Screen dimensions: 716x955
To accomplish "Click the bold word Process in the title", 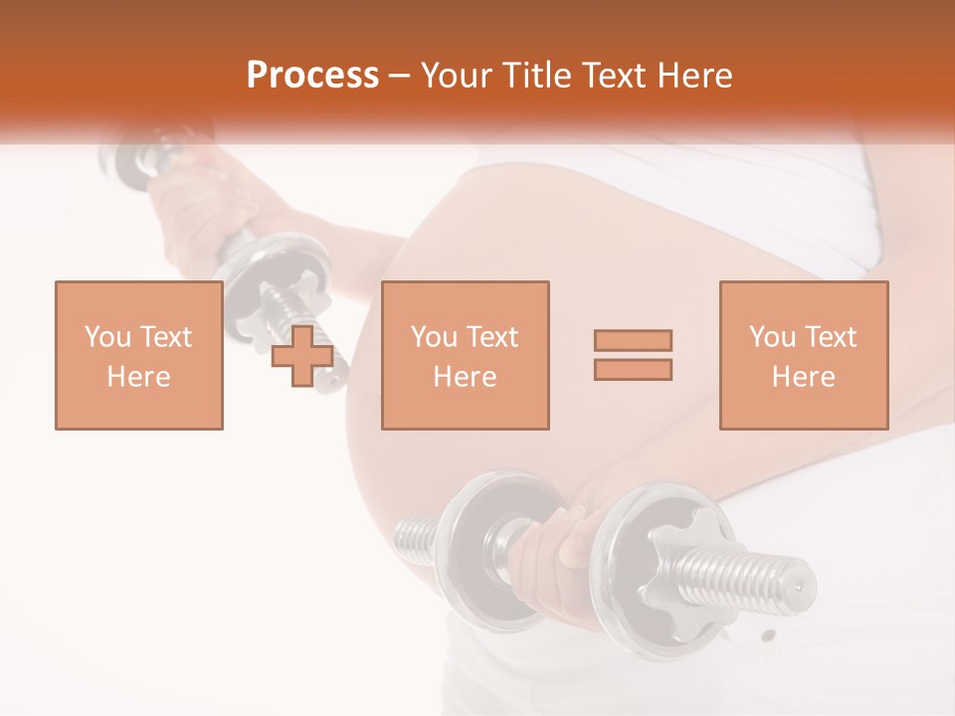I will point(312,76).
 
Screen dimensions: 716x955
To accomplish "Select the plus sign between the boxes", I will point(302,356).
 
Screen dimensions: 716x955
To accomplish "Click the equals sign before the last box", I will point(633,355).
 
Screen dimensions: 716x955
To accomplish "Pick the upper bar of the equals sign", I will point(633,341).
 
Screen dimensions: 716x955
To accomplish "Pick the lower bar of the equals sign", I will point(633,369).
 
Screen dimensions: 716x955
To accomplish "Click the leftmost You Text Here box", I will point(138,355).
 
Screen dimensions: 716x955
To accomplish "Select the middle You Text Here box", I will point(465,355).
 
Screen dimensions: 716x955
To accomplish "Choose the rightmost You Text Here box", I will point(803,355).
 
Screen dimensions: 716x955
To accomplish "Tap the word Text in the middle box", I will point(491,337).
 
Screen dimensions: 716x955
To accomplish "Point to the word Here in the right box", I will point(803,377).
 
